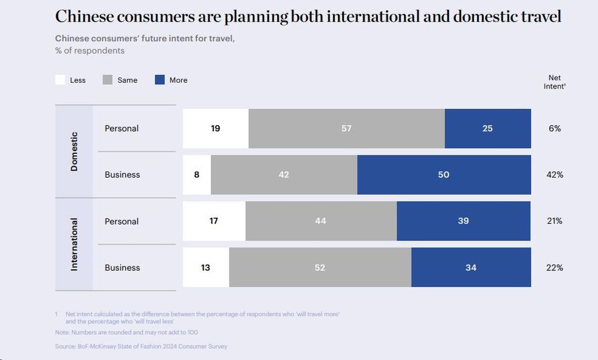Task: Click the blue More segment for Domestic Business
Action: tap(444, 175)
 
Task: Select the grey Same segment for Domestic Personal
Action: tap(346, 129)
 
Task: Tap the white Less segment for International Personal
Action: tap(214, 221)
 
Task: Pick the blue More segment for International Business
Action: tap(471, 267)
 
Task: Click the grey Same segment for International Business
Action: tap(320, 267)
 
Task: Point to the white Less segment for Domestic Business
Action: tap(197, 175)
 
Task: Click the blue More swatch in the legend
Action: tap(160, 80)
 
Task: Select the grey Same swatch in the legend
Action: tap(108, 80)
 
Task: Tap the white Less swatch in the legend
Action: tap(60, 80)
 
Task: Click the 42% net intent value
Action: tap(554, 175)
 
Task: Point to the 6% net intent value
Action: tap(554, 129)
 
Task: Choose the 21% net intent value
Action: tap(554, 221)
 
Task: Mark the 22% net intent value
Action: tap(554, 267)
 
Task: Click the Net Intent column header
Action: tap(554, 82)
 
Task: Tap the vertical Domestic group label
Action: tap(74, 151)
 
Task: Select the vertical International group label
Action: tap(74, 244)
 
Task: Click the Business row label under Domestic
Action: tap(122, 175)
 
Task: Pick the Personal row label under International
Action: tap(121, 221)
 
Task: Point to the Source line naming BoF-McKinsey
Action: tap(141, 346)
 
